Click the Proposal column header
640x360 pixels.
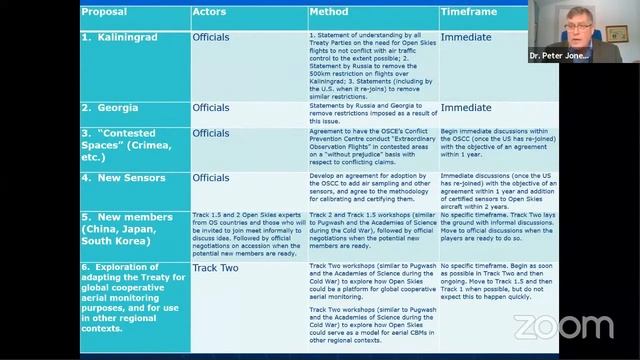coord(105,12)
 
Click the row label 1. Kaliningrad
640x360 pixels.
coord(129,37)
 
